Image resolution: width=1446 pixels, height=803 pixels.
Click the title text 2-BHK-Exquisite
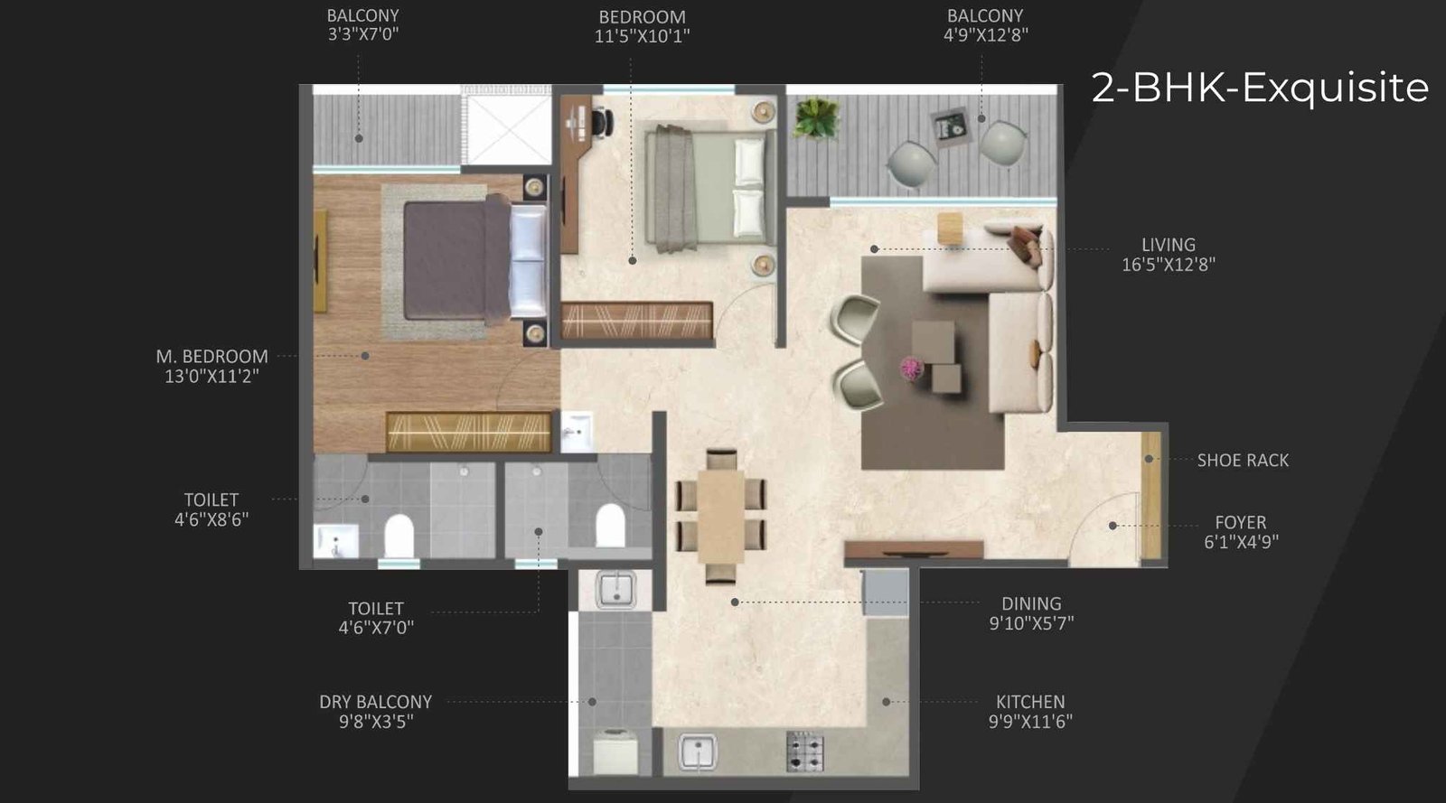pos(1260,88)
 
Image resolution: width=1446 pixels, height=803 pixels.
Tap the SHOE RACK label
pos(1243,461)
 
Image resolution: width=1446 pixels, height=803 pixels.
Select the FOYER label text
pos(1240,522)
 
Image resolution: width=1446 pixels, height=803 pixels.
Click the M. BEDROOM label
pos(211,357)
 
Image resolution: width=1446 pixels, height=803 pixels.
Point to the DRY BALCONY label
pos(375,702)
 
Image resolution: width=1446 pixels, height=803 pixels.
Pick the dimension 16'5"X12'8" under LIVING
pos(1168,265)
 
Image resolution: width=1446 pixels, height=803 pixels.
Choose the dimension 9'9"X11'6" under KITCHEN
pos(1029,722)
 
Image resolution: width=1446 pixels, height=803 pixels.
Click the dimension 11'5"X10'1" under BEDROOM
pos(642,37)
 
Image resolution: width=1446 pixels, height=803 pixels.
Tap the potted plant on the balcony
pos(816,118)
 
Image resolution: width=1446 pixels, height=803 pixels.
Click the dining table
pos(720,516)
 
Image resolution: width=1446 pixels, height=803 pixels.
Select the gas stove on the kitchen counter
pos(804,751)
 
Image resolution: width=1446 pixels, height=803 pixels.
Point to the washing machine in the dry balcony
pos(615,751)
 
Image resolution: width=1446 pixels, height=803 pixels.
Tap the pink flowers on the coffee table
pos(912,367)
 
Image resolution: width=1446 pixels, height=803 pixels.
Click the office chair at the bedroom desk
pos(600,121)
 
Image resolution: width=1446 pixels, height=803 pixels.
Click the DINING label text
pos(1030,603)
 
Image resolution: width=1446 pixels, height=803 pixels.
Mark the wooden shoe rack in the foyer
pos(1150,495)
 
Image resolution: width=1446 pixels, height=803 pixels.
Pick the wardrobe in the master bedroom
pos(468,431)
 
